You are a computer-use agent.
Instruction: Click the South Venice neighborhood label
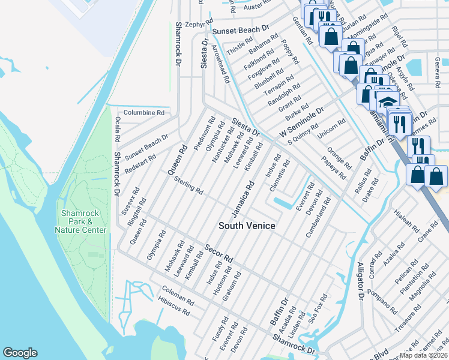point(247,226)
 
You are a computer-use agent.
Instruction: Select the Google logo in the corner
point(20,353)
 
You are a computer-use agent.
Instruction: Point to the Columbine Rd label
point(143,112)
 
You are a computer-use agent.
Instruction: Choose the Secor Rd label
point(218,253)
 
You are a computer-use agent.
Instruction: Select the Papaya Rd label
point(334,169)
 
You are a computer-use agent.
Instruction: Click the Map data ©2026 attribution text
point(423,355)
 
